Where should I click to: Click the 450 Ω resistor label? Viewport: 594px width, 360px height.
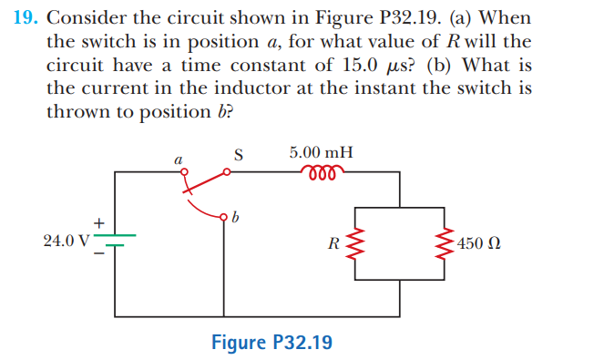coord(480,244)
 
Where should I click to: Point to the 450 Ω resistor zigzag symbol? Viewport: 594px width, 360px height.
coord(447,243)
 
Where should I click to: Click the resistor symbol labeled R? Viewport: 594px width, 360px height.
coord(355,243)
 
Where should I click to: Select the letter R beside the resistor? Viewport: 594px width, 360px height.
coord(334,243)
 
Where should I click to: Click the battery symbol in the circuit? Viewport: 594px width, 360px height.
coord(116,241)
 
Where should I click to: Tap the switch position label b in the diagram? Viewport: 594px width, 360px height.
coord(236,218)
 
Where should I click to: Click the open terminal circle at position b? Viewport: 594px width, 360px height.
coord(223,217)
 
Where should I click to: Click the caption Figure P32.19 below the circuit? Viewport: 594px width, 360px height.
coord(271,343)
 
